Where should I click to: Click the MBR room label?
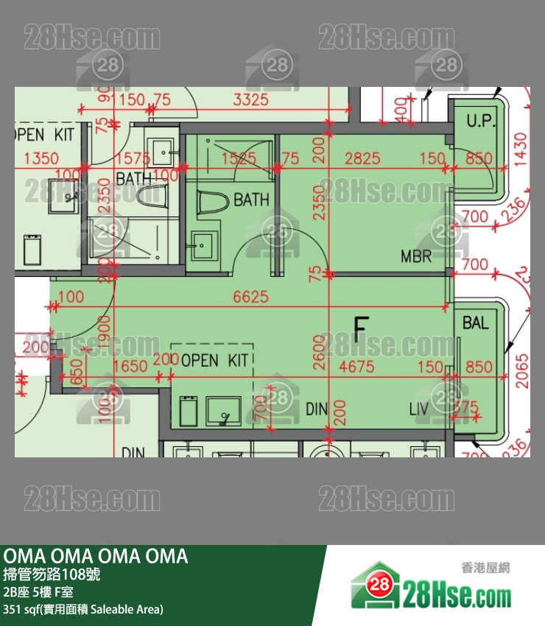(x=416, y=257)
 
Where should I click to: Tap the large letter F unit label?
(x=360, y=330)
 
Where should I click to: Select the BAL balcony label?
(x=476, y=323)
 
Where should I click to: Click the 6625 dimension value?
(x=250, y=298)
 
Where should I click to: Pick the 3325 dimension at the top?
(x=250, y=99)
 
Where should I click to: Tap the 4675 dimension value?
(x=356, y=366)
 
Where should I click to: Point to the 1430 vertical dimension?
(x=521, y=149)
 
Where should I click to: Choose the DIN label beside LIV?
(x=316, y=409)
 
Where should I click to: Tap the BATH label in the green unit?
(x=251, y=200)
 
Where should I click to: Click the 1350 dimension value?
(x=41, y=158)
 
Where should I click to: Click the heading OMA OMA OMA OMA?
(x=96, y=557)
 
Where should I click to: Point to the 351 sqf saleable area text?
(x=83, y=609)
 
